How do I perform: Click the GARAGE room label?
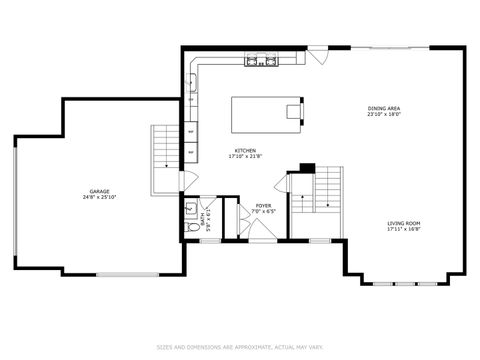[x=99, y=191]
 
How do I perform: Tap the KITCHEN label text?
[x=244, y=151]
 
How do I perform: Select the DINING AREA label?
[x=384, y=108]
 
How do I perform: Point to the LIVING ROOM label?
[x=404, y=223]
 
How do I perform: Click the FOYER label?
[x=263, y=206]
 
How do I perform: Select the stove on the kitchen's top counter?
[x=263, y=61]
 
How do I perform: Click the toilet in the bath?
[x=190, y=227]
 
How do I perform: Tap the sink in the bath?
[x=190, y=210]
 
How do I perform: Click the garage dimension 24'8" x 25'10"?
[x=99, y=197]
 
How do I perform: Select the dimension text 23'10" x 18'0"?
[x=384, y=114]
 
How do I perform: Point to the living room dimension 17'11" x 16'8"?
[x=404, y=229]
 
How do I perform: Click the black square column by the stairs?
[x=307, y=167]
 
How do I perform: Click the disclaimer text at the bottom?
[x=240, y=347]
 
